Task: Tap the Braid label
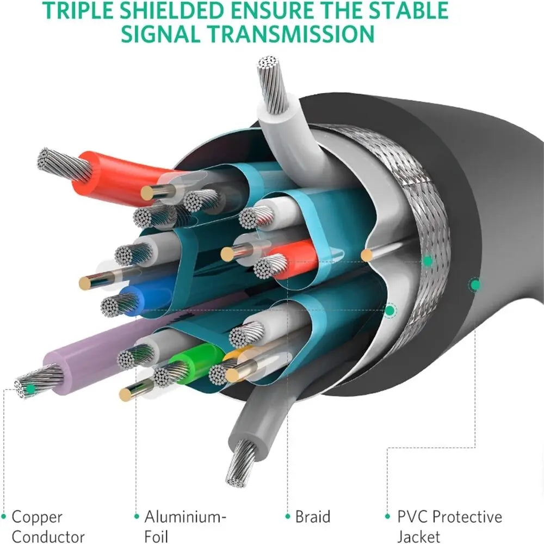(312, 516)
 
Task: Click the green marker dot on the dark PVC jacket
(475, 284)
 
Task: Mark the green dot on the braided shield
(428, 261)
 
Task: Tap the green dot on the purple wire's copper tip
(32, 388)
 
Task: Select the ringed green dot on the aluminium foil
(390, 311)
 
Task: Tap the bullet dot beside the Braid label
(287, 516)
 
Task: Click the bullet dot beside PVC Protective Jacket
(387, 516)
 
